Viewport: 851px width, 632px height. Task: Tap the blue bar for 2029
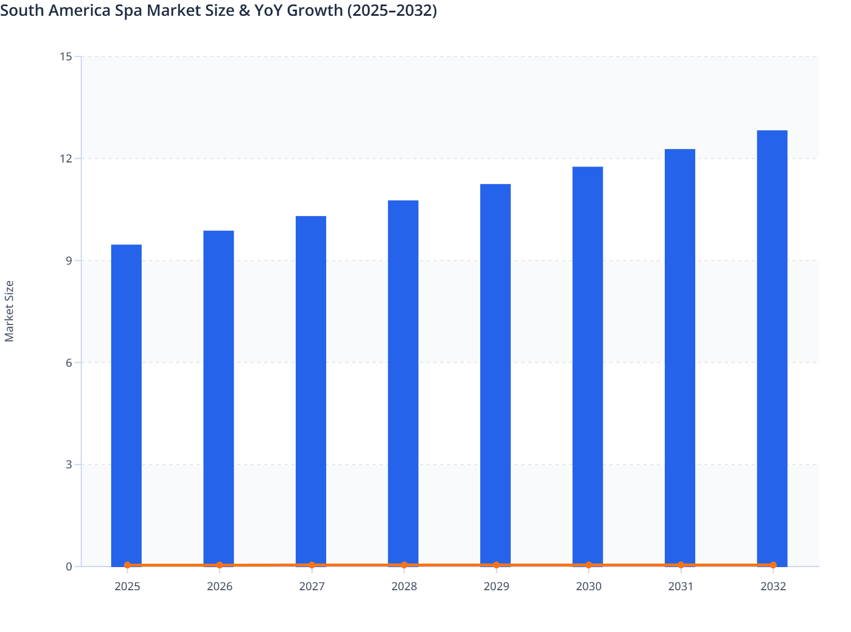tap(495, 375)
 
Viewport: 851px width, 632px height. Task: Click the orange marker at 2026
tap(220, 565)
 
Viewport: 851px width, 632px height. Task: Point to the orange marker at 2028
tap(404, 565)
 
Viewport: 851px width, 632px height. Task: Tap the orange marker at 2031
tap(681, 565)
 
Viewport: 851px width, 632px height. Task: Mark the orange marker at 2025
tap(128, 565)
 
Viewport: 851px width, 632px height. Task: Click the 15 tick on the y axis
tap(65, 56)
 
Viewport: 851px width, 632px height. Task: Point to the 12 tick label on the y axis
tap(65, 159)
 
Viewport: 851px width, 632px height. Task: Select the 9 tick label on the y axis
tap(69, 261)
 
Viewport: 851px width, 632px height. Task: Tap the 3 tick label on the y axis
tap(69, 464)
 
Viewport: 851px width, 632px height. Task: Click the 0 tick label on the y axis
tap(69, 567)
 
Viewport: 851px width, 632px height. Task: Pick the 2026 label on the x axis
tap(220, 586)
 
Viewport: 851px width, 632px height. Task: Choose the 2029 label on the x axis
tap(496, 586)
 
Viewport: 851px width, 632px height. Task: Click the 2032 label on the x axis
tap(773, 586)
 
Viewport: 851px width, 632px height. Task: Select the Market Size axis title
tap(9, 311)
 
